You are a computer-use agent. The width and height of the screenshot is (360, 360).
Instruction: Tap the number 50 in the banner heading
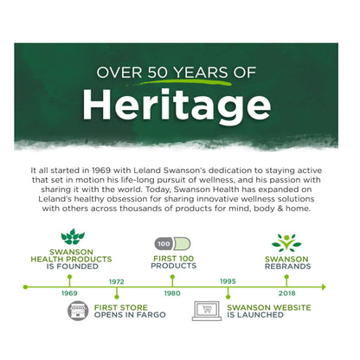coord(157,72)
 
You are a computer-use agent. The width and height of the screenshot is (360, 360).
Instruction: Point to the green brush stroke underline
coord(178,82)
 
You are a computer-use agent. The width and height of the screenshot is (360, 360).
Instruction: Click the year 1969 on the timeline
coord(69,293)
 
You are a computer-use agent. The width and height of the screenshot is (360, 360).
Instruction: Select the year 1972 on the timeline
coord(117,281)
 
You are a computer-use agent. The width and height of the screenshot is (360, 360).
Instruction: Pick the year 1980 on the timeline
coord(172,293)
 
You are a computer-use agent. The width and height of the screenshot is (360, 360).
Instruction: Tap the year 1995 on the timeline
coord(228,281)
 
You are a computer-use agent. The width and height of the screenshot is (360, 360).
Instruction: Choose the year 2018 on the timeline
coord(287,293)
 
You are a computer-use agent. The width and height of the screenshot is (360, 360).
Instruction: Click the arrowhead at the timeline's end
coord(324,287)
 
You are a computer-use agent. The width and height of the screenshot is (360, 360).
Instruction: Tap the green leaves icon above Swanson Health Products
coord(73,236)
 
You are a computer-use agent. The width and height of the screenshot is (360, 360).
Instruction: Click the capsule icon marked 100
coord(172,244)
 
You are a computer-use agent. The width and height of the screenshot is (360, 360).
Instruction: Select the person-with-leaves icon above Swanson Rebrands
coord(286,242)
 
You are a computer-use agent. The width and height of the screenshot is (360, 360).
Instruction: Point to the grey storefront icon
coord(78,311)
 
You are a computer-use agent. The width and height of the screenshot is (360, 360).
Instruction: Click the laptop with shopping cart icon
coord(207,311)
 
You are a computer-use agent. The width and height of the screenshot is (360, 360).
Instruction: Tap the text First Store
coord(121,307)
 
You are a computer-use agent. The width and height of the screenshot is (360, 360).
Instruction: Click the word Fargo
coord(151,315)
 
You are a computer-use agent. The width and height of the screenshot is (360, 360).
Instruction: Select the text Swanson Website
coord(269,307)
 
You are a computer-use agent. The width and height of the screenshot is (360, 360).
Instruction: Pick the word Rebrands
coord(288,267)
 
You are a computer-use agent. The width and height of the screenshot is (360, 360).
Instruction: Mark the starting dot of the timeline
coord(25,287)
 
